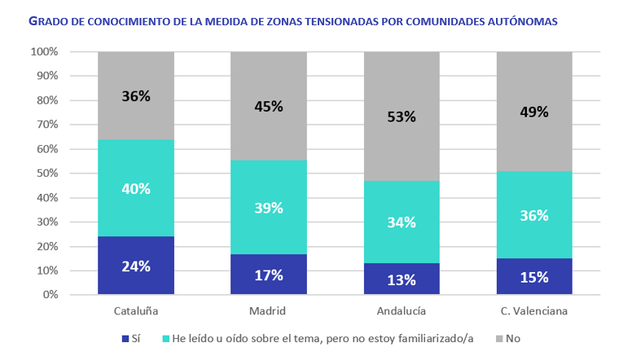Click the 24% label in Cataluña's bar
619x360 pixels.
pos(136,266)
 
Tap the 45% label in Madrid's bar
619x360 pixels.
pos(269,106)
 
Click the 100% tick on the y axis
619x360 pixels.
pos(44,52)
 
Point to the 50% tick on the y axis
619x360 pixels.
pos(46,173)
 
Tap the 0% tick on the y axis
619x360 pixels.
pos(50,295)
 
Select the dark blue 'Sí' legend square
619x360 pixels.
pos(125,337)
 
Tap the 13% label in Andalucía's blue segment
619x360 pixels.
pos(402,280)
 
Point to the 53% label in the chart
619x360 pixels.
pos(402,116)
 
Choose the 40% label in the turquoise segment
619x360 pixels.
pos(136,188)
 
